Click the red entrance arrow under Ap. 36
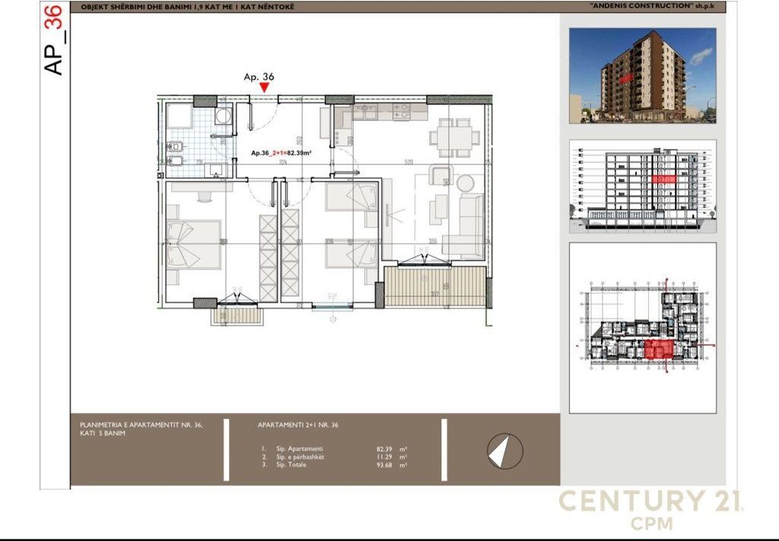click(264, 87)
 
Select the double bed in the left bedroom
click(193, 245)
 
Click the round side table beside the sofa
click(465, 182)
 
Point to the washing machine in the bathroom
click(223, 116)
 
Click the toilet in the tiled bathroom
click(176, 145)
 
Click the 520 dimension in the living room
click(409, 162)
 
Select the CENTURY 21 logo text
click(651, 501)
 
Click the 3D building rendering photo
click(642, 75)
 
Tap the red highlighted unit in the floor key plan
click(657, 349)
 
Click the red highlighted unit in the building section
click(664, 179)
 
